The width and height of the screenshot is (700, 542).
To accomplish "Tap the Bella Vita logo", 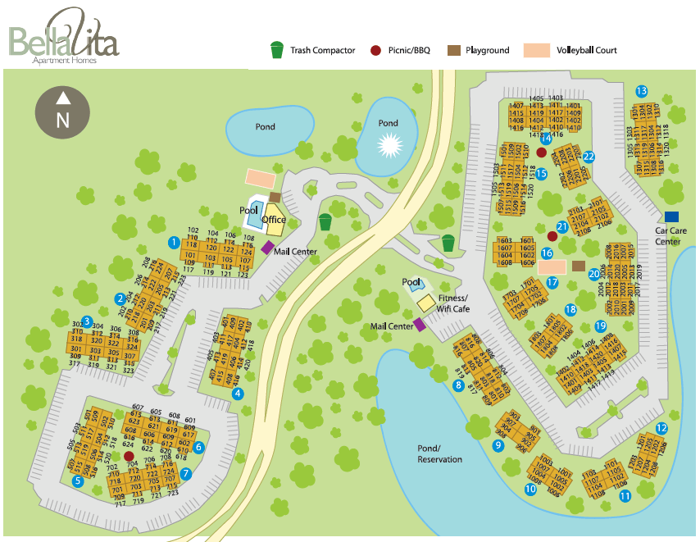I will click(x=64, y=36).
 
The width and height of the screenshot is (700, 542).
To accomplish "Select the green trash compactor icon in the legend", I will click(x=277, y=50).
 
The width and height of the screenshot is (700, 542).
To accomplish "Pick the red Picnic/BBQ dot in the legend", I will click(x=375, y=50).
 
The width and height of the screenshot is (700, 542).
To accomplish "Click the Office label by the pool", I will click(x=274, y=219).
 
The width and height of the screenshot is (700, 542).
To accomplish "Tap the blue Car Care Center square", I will click(x=671, y=216).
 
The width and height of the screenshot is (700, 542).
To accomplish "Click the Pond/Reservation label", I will click(x=439, y=453).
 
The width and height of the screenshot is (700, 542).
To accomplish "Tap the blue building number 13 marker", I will click(x=642, y=91).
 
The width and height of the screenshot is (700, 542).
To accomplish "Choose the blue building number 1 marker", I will click(x=174, y=242).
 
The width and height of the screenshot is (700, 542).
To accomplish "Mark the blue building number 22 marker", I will click(x=589, y=157).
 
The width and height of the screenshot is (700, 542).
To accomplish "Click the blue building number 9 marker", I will click(x=498, y=445).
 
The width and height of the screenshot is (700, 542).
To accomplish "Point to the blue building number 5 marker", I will click(x=78, y=481).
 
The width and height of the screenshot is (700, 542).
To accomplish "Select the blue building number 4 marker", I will click(x=238, y=393).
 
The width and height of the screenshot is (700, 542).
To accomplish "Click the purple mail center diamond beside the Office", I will click(x=267, y=247).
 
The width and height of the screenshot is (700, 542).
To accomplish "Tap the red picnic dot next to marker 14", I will click(x=541, y=153).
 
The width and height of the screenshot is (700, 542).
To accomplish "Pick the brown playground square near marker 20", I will click(x=579, y=266).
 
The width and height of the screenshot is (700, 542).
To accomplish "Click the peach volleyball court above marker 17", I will click(x=552, y=266).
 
